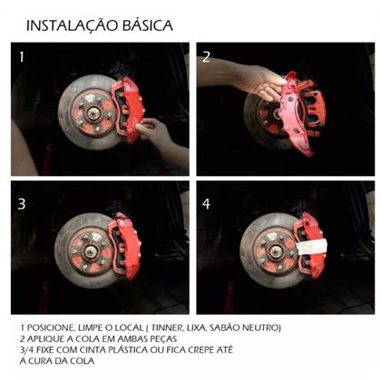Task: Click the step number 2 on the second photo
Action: point(206,57)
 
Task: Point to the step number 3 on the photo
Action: point(23,204)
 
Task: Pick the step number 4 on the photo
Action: point(206,204)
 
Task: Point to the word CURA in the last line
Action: point(42,358)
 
